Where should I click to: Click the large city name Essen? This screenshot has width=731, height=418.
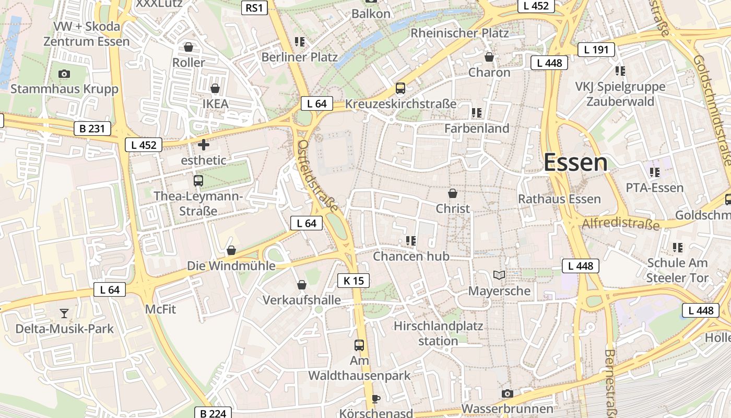pyautogui.click(x=575, y=162)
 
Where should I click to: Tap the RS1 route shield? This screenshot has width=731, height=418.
pyautogui.click(x=254, y=7)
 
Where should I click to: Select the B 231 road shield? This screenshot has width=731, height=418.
pyautogui.click(x=92, y=128)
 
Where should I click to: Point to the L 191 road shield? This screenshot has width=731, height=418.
pyautogui.click(x=596, y=50)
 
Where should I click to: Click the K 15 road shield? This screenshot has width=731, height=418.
pyautogui.click(x=353, y=281)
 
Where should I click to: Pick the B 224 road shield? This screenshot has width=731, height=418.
pyautogui.click(x=213, y=413)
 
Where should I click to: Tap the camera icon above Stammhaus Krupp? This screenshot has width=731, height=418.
pyautogui.click(x=64, y=74)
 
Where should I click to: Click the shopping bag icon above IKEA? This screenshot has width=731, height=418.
pyautogui.click(x=215, y=89)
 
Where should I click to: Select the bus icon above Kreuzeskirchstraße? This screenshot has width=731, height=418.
pyautogui.click(x=400, y=88)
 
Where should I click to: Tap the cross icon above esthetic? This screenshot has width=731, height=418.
pyautogui.click(x=204, y=145)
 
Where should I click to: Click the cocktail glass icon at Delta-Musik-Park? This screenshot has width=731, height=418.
pyautogui.click(x=64, y=313)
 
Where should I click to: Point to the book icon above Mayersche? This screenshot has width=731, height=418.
pyautogui.click(x=499, y=275)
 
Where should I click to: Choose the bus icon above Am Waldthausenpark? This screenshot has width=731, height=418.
pyautogui.click(x=359, y=345)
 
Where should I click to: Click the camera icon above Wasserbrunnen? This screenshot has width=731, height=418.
pyautogui.click(x=507, y=393)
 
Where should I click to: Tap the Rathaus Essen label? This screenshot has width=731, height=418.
pyautogui.click(x=559, y=199)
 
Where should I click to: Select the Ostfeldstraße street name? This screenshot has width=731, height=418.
pyautogui.click(x=317, y=175)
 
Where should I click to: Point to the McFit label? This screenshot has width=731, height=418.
pyautogui.click(x=160, y=309)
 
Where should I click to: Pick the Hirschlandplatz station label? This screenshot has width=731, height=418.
pyautogui.click(x=438, y=333)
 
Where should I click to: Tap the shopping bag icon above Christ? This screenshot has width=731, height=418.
pyautogui.click(x=453, y=193)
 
